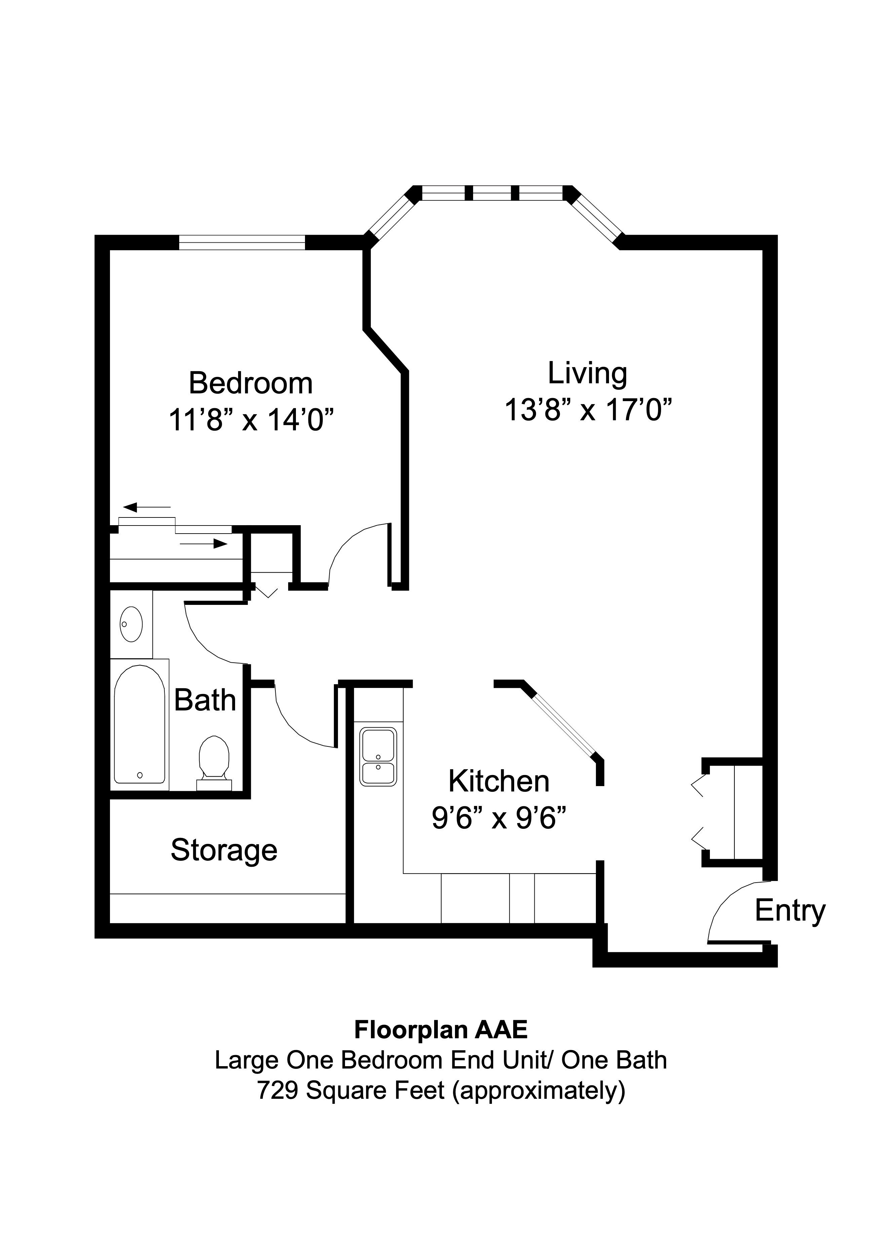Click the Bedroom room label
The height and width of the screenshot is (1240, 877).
(251, 383)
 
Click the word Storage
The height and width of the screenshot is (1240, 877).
(224, 850)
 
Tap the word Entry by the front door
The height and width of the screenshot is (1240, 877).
(790, 910)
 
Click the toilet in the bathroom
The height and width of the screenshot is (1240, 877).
(214, 759)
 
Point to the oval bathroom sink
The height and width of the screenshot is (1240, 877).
(131, 624)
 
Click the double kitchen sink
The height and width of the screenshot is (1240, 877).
(378, 756)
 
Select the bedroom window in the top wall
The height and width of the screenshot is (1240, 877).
(242, 242)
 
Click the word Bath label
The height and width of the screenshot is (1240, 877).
(205, 700)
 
